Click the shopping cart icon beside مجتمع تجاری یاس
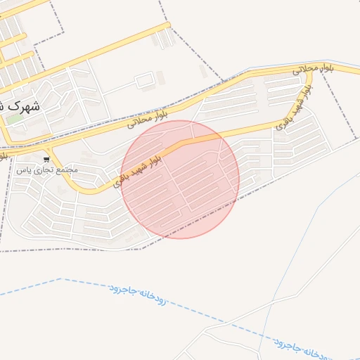click(47, 160)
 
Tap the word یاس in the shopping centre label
click(20, 170)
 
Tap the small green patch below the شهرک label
click(14, 118)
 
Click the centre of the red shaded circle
click(180, 179)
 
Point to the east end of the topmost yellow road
click(168, 25)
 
